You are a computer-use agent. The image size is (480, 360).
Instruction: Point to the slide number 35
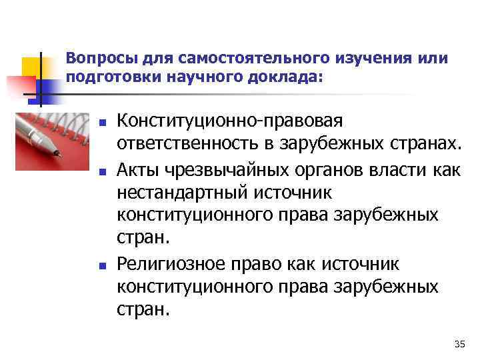[459, 343]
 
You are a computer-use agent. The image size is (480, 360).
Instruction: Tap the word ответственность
[192, 144]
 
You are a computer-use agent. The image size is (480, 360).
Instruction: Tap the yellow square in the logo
[31, 67]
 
